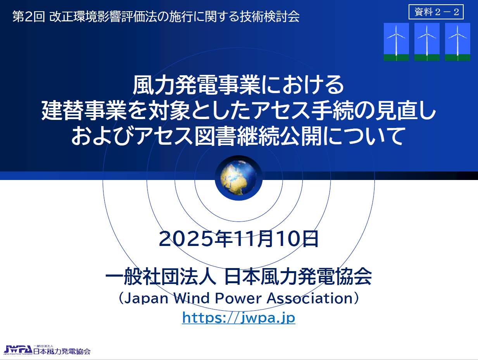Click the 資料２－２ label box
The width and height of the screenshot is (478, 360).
436,12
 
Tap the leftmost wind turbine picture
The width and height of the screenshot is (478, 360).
396,42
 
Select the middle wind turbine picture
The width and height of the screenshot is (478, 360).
427,42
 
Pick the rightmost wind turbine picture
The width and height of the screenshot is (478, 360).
457,42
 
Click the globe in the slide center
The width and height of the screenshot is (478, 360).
238,178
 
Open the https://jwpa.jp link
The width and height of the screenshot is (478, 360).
239,318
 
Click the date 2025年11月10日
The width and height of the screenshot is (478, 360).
239,239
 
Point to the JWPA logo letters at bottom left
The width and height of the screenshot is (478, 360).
18,350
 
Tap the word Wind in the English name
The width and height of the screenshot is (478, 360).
192,298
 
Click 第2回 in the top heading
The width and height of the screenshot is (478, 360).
29,16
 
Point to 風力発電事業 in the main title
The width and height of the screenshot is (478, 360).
197,85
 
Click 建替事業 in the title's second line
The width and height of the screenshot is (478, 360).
84,111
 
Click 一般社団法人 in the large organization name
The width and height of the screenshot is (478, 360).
161,277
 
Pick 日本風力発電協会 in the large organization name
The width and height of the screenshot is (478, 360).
298,277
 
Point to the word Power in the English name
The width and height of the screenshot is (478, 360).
238,298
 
